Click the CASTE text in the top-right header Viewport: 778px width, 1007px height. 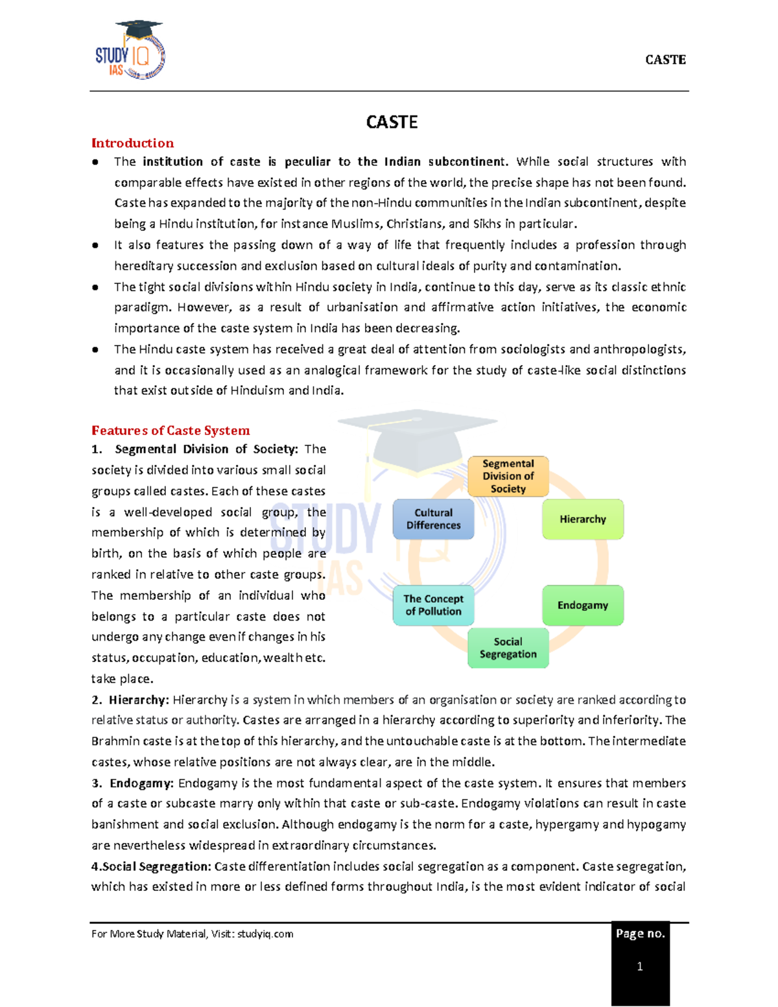[665, 60]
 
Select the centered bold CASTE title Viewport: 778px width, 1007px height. [392, 122]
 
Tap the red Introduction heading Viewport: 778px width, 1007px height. [132, 143]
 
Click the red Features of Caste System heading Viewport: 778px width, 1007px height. [171, 431]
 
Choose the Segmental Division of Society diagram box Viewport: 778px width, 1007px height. [508, 476]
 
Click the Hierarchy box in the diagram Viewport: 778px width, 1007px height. [582, 519]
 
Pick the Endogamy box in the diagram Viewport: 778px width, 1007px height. [582, 605]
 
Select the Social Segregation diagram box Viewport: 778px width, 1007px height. [508, 648]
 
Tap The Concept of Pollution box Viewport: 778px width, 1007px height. [433, 605]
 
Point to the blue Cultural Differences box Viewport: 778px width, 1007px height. [433, 519]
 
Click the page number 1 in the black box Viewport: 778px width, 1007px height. [640, 967]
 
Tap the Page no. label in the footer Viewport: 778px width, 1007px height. [640, 934]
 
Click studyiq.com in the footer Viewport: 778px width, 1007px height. [265, 934]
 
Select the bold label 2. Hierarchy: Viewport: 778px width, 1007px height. [130, 700]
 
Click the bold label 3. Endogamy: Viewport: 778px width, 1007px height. [133, 783]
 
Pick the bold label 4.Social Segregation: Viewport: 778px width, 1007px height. [151, 866]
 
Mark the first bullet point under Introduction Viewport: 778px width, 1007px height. [95, 162]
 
